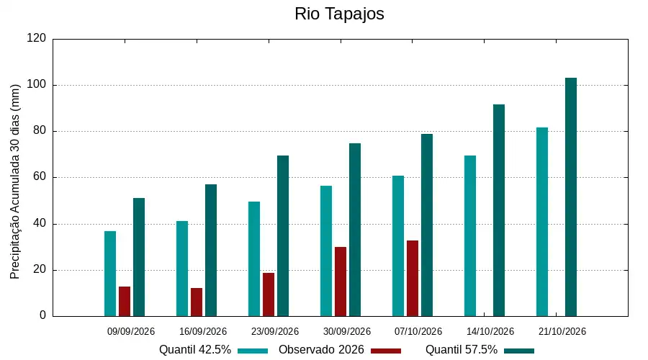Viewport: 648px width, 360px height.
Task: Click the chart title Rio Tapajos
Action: (x=339, y=14)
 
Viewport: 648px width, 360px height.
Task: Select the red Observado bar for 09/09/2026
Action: (x=125, y=301)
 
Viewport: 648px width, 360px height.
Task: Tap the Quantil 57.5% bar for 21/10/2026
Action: (x=571, y=197)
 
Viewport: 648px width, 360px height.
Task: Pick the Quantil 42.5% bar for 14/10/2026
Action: (x=470, y=236)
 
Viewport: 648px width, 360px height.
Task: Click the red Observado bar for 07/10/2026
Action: (x=413, y=278)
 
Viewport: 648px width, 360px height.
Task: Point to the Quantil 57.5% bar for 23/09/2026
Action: (x=283, y=236)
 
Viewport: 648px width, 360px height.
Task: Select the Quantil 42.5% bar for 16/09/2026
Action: (x=182, y=269)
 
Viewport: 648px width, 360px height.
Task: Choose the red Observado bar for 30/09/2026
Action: (x=341, y=282)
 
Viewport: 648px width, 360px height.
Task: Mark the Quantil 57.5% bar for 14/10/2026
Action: (x=499, y=210)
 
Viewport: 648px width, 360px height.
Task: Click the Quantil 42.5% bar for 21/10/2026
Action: (x=542, y=222)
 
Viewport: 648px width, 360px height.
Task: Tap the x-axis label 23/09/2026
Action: (x=275, y=331)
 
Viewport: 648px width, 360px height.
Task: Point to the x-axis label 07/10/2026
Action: (x=418, y=331)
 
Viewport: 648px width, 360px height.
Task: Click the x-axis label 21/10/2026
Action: (x=562, y=331)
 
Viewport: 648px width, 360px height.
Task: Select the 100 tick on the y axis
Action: (x=37, y=85)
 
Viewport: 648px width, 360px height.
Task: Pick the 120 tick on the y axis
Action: (x=37, y=38)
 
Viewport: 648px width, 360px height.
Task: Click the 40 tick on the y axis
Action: (x=40, y=224)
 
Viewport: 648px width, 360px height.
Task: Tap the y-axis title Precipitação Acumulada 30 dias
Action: (x=15, y=182)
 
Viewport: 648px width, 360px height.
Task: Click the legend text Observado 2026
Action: (x=321, y=350)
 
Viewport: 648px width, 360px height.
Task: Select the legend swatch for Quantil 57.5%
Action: (x=519, y=351)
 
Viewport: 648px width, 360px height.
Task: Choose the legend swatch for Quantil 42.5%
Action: (x=253, y=351)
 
